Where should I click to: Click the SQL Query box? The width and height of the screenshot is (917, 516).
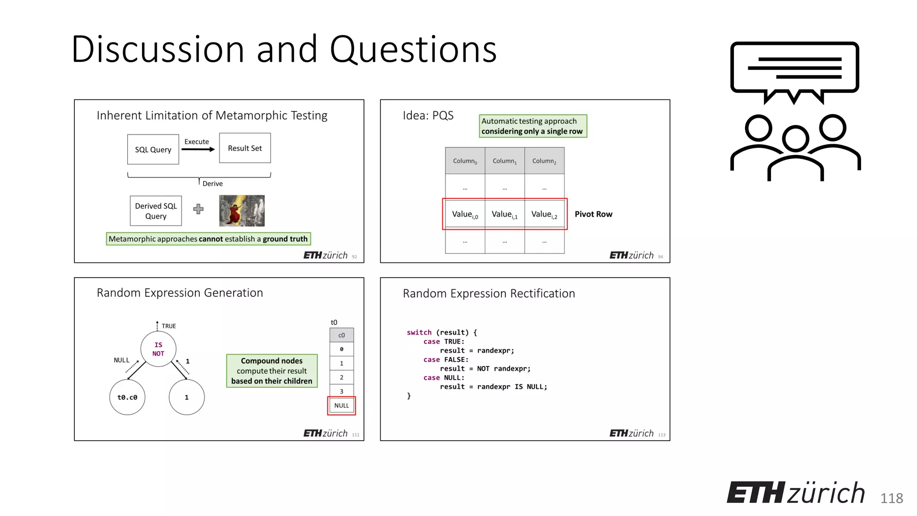tap(153, 150)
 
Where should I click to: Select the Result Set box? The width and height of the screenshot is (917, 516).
tap(245, 148)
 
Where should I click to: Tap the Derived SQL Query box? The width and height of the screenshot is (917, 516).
tap(156, 211)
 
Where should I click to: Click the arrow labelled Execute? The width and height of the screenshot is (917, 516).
tap(198, 150)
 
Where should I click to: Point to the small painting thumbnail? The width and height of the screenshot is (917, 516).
tap(242, 211)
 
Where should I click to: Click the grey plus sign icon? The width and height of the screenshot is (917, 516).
tap(198, 209)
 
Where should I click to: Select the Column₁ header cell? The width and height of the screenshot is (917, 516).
tap(505, 161)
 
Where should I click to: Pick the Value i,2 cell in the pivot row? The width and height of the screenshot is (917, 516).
tap(544, 215)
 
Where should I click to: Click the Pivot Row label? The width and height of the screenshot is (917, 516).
tap(593, 214)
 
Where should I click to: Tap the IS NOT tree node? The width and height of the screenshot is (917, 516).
tap(158, 349)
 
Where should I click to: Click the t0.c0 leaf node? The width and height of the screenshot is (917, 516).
tap(127, 397)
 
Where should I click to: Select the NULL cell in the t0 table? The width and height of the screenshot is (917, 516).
tap(342, 405)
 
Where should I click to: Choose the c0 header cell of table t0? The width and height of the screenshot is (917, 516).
tap(342, 335)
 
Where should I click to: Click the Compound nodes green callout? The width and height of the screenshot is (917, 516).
tap(272, 371)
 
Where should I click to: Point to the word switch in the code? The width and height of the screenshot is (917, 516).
tap(419, 332)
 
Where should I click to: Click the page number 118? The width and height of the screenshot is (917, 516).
tap(891, 498)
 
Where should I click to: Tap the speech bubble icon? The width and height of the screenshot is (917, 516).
tap(794, 69)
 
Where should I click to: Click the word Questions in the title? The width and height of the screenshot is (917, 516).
tap(413, 49)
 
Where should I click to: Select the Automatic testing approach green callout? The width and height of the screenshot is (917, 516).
tap(532, 126)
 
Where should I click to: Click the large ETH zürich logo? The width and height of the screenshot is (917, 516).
tap(796, 493)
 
